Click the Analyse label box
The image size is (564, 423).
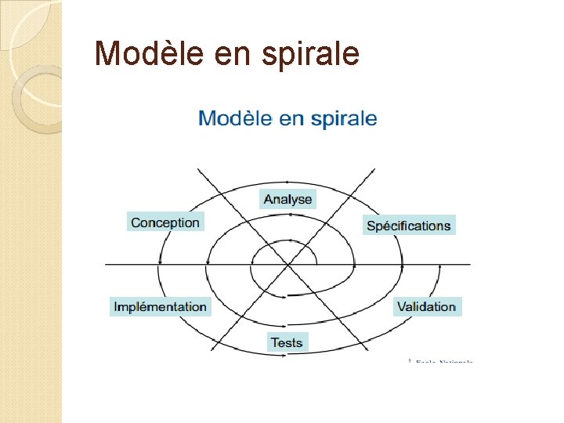click(x=287, y=199)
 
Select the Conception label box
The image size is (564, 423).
click(x=165, y=222)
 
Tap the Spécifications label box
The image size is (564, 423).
click(x=409, y=226)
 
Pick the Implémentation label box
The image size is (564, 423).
click(x=161, y=307)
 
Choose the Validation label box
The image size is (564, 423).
click(x=426, y=306)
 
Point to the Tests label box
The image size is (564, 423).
click(x=287, y=342)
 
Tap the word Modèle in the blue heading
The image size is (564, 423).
click(x=234, y=119)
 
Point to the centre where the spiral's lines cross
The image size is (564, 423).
click(x=289, y=265)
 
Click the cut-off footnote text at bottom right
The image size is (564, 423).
click(x=443, y=361)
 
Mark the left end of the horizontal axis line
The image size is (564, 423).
click(x=107, y=265)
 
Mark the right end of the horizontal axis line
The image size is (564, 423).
click(x=470, y=265)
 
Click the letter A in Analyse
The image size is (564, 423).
click(x=268, y=199)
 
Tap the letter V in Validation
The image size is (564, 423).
click(x=401, y=306)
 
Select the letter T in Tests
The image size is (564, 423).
click(x=274, y=342)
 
